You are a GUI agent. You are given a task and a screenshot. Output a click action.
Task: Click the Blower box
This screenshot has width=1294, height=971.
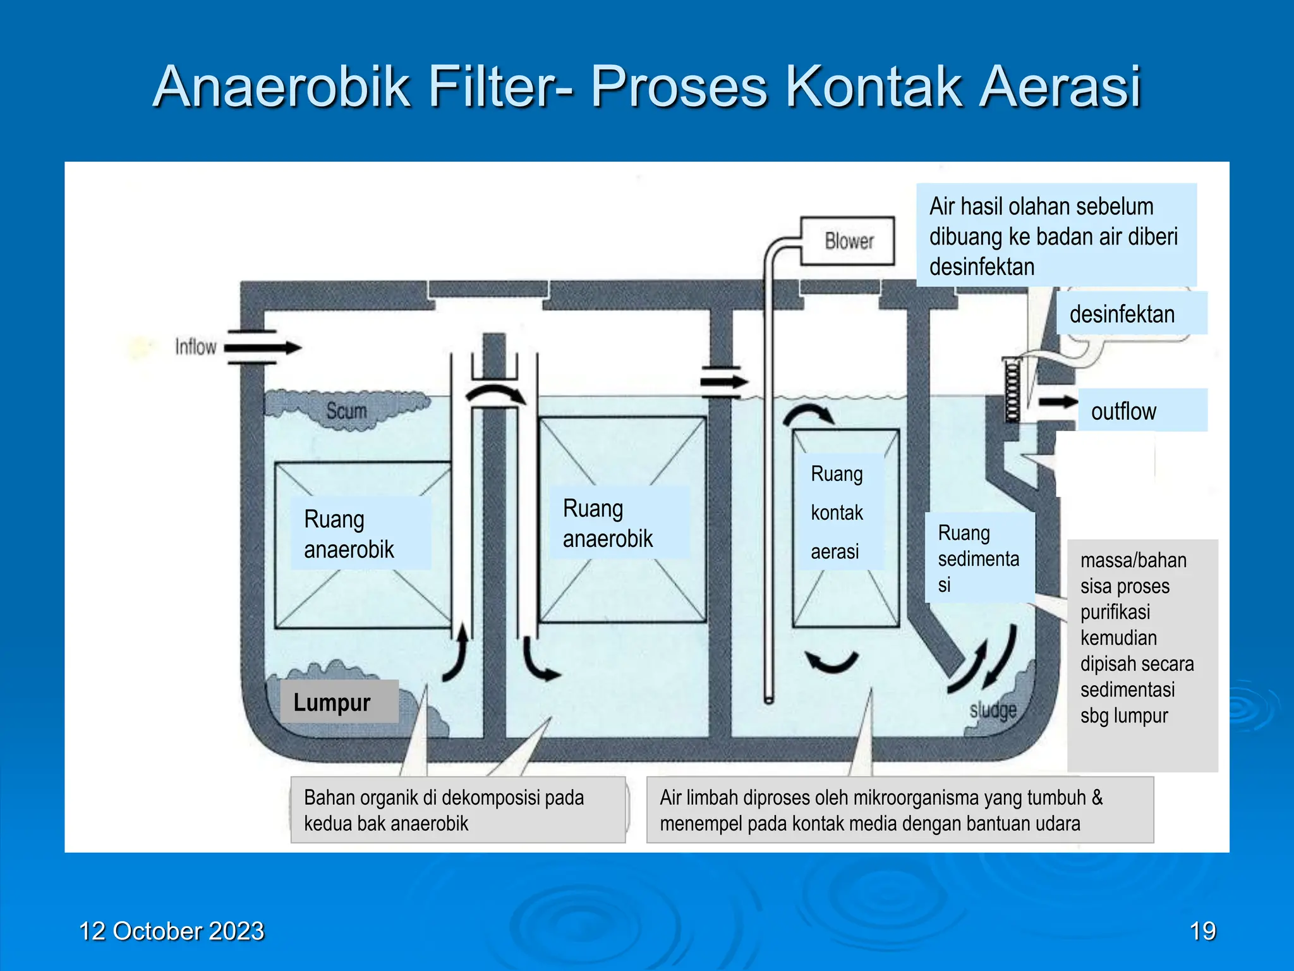tap(847, 241)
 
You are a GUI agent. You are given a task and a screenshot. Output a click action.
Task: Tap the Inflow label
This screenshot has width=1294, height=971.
tap(195, 346)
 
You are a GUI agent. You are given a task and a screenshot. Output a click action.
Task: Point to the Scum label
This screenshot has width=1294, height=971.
tap(346, 411)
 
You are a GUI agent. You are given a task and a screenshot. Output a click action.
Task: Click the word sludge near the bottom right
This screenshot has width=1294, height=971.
tap(993, 710)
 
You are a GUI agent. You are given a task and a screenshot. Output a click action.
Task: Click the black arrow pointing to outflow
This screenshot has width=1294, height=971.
tap(1058, 402)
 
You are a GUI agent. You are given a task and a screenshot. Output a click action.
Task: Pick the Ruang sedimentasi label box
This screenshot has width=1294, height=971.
tap(979, 558)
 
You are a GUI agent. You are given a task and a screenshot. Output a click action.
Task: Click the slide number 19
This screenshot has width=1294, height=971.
tap(1202, 931)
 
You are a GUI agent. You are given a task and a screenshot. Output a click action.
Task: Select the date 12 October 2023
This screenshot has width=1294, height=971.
tap(171, 931)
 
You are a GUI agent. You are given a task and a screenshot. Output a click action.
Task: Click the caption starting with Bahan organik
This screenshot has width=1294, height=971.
tap(457, 810)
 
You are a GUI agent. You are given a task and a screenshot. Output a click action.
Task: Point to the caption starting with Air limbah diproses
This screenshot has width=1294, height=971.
tap(899, 810)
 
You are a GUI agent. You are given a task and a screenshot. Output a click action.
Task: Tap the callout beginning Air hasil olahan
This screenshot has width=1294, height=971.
tap(1055, 236)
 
